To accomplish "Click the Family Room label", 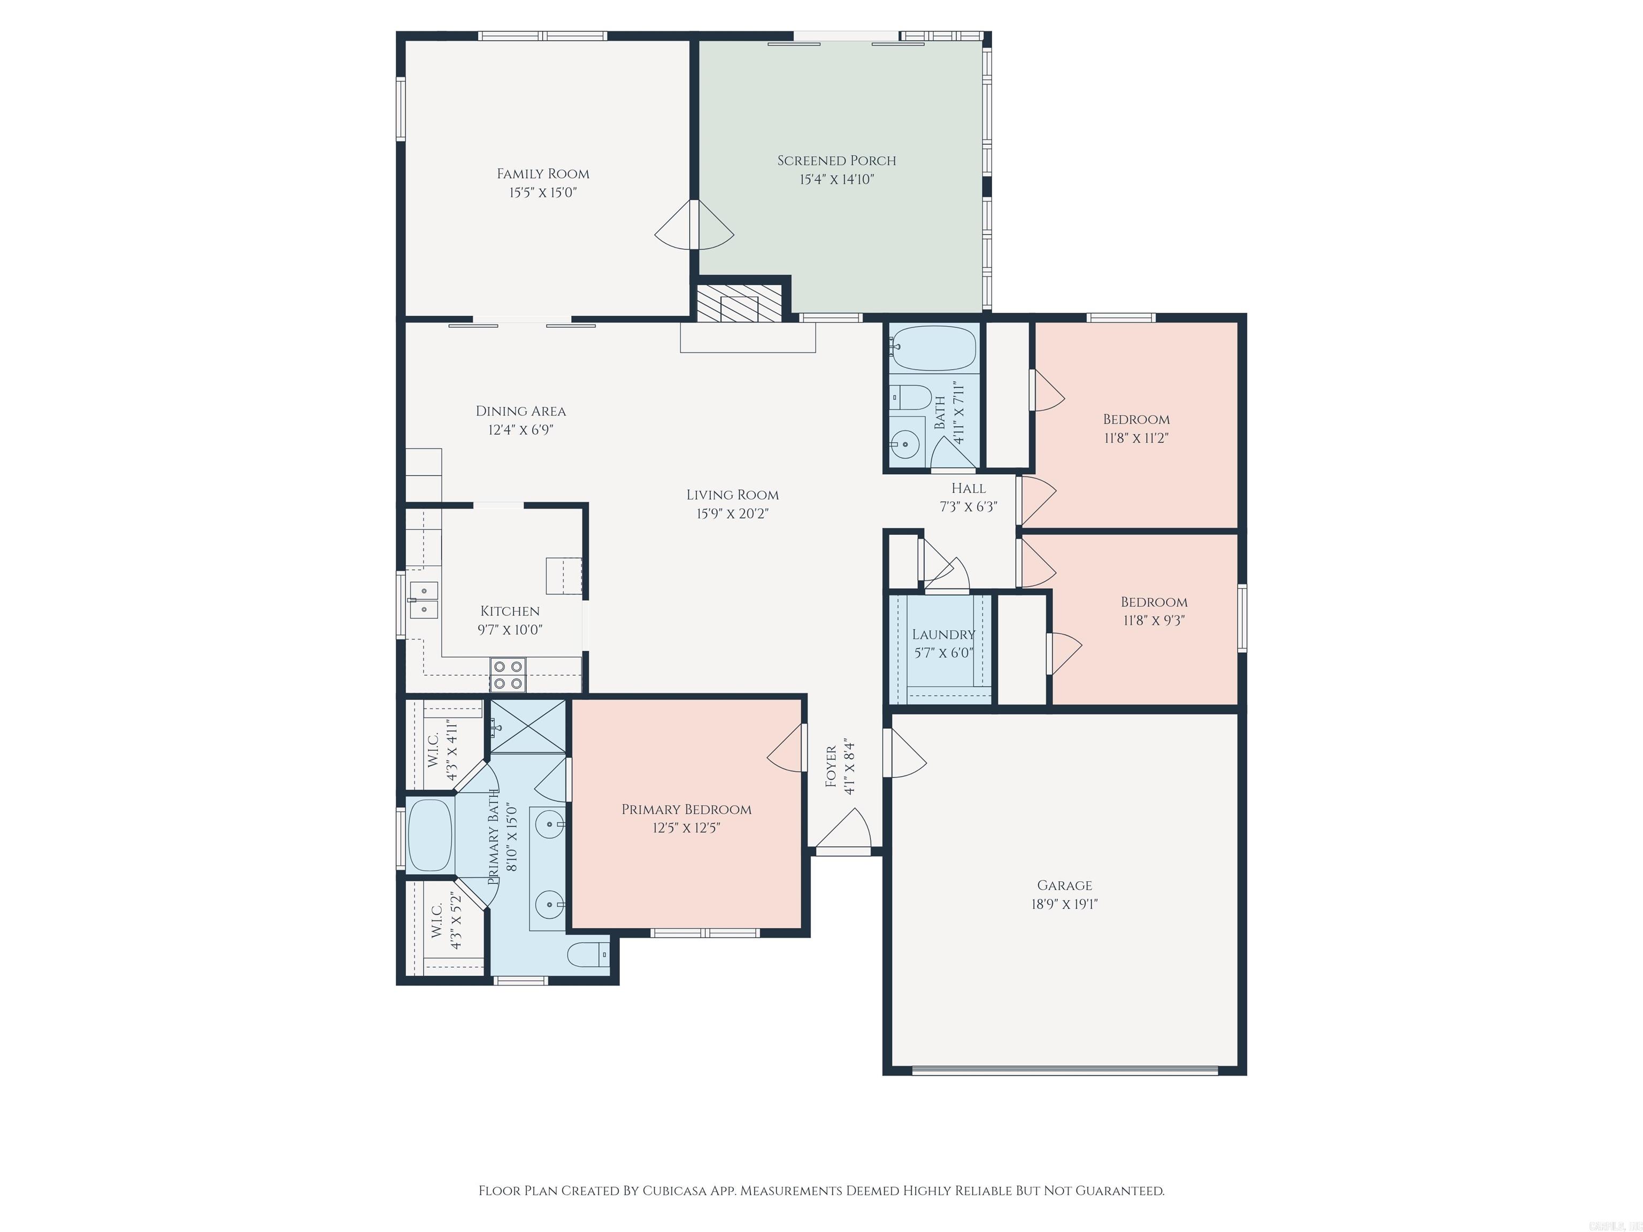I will click(x=543, y=174).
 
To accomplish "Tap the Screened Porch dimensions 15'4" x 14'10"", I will click(x=836, y=180).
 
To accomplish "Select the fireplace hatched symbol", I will click(x=739, y=304).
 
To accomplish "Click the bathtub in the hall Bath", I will click(x=933, y=349).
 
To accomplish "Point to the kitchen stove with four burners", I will click(x=508, y=674).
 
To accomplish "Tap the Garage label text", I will click(x=1064, y=885).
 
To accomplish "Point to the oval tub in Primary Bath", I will click(x=430, y=835).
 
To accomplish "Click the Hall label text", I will click(x=969, y=488).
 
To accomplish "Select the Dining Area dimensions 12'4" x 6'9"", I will click(x=521, y=430).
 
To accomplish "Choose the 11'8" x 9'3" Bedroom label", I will click(x=1154, y=602).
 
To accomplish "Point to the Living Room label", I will click(x=732, y=495).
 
